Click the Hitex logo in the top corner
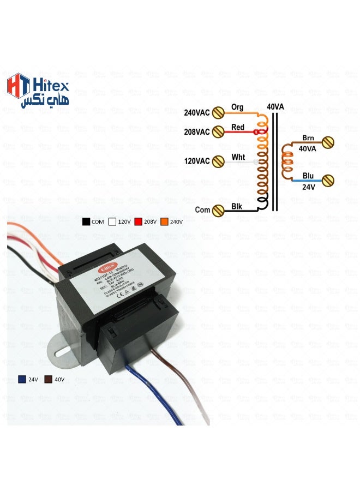pos(38,90)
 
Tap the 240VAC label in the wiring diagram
pos(197,113)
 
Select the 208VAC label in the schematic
pos(197,132)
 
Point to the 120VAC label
pos(197,161)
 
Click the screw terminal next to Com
pos(218,210)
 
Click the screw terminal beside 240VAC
pos(218,113)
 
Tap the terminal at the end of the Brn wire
pos(328,143)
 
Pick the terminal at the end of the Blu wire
pos(328,181)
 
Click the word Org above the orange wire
pos(237,107)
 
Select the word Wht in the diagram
pos(238,157)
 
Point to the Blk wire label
pos(237,206)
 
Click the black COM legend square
pos(86,222)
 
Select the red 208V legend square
pos(138,222)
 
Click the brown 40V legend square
pos(48,379)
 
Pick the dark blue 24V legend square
pos(22,379)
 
